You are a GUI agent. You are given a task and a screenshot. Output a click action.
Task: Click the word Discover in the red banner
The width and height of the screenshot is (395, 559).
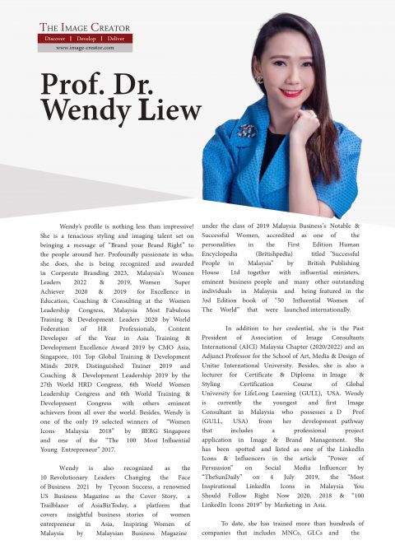56,38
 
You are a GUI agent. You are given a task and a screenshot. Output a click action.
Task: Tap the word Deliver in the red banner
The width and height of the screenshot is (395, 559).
115,38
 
